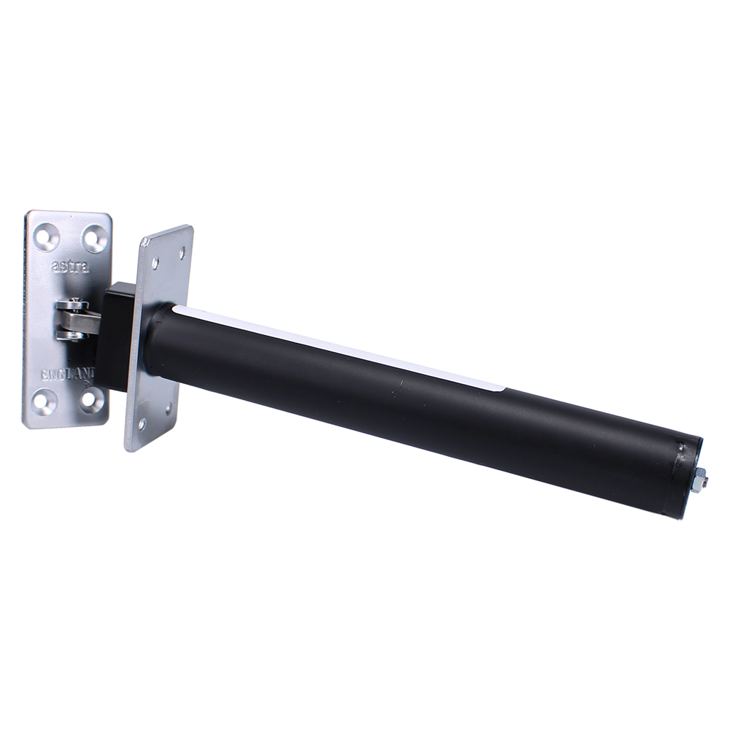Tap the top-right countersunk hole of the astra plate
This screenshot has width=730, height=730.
(93, 234)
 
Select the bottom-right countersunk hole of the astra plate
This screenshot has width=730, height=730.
(90, 397)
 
